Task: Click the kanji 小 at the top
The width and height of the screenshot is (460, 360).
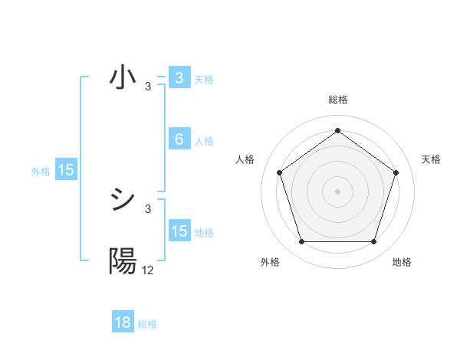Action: pyautogui.click(x=123, y=78)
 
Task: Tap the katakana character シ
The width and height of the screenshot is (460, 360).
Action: pyautogui.click(x=123, y=201)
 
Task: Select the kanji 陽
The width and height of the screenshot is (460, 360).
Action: pyautogui.click(x=123, y=262)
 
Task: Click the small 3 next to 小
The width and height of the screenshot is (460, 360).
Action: pyautogui.click(x=148, y=86)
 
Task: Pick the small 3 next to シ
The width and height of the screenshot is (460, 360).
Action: pyautogui.click(x=148, y=208)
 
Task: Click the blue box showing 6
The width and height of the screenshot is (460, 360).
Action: pyautogui.click(x=179, y=139)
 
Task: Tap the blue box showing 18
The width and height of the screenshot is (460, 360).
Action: pyautogui.click(x=123, y=322)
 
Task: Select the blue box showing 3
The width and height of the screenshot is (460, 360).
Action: pyautogui.click(x=179, y=78)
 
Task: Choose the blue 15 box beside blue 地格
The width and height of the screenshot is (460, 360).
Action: pyautogui.click(x=179, y=231)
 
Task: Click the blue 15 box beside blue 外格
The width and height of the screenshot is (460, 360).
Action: pyautogui.click(x=66, y=170)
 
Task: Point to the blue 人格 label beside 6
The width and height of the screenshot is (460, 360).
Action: pyautogui.click(x=204, y=141)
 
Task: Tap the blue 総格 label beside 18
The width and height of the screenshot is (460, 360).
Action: pyautogui.click(x=147, y=324)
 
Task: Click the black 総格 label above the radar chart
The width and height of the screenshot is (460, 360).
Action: pyautogui.click(x=337, y=100)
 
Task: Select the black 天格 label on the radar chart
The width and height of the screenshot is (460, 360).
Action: pyautogui.click(x=432, y=159)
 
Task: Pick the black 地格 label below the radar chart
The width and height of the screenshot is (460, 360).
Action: pyautogui.click(x=402, y=262)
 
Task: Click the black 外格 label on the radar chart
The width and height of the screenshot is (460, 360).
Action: pyautogui.click(x=270, y=262)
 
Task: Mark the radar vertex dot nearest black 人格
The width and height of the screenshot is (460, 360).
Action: pyautogui.click(x=279, y=172)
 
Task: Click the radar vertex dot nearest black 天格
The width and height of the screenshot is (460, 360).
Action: pyautogui.click(x=396, y=172)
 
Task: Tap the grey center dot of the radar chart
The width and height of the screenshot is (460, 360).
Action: pyautogui.click(x=337, y=191)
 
